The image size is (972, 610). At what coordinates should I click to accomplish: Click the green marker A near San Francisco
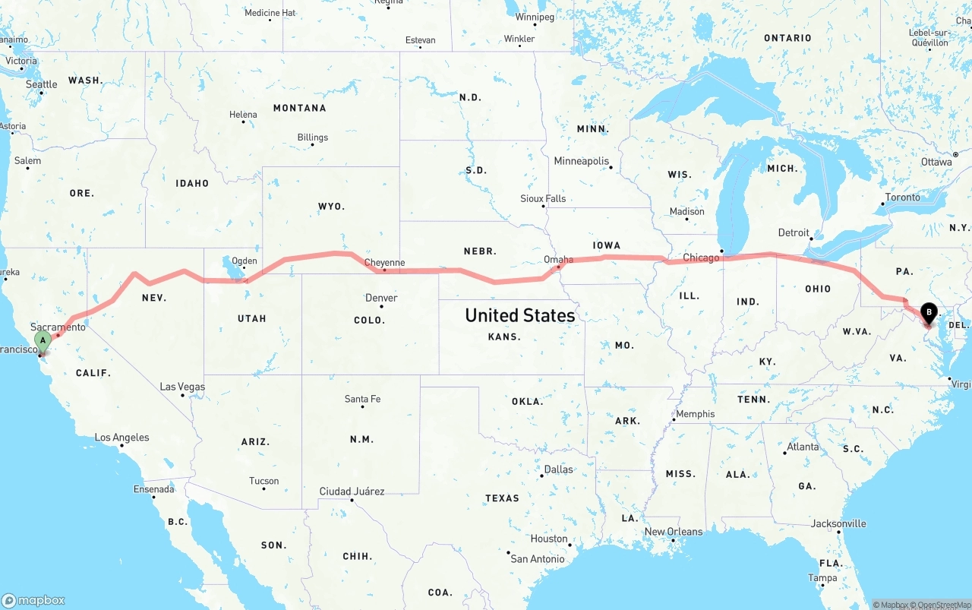pyautogui.click(x=43, y=340)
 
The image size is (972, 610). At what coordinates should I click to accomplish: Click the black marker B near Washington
pyautogui.click(x=928, y=311)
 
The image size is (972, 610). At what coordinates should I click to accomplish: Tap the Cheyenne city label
pyautogui.click(x=384, y=263)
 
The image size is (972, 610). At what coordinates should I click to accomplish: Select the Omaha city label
pyautogui.click(x=558, y=259)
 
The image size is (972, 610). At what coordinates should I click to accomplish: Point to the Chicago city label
pyautogui.click(x=700, y=258)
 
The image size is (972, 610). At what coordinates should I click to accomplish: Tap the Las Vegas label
pyautogui.click(x=182, y=387)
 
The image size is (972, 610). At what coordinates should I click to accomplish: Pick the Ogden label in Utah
pyautogui.click(x=244, y=261)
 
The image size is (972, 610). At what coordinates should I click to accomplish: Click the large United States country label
pyautogui.click(x=519, y=314)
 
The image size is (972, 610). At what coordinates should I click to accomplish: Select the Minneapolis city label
pyautogui.click(x=581, y=161)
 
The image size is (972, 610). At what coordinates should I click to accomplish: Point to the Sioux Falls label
pyautogui.click(x=543, y=198)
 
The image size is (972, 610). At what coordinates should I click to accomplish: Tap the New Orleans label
pyautogui.click(x=673, y=531)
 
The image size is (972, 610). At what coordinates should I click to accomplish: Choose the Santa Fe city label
pyautogui.click(x=362, y=399)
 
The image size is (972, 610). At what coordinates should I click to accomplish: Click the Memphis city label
pyautogui.click(x=695, y=414)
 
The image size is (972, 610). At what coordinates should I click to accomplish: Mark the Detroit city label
pyautogui.click(x=794, y=232)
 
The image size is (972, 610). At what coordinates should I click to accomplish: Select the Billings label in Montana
pyautogui.click(x=313, y=137)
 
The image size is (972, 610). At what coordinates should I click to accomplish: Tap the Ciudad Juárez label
pyautogui.click(x=352, y=491)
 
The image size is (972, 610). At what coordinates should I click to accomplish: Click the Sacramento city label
pyautogui.click(x=58, y=327)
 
